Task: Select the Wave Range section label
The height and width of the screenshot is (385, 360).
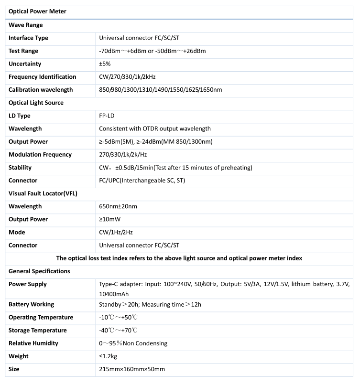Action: (x=26, y=25)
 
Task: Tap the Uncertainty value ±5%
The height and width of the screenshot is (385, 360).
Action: (x=105, y=64)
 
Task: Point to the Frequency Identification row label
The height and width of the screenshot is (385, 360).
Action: (x=42, y=77)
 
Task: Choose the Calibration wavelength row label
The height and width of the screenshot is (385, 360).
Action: (x=41, y=90)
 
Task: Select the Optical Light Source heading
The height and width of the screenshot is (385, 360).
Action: (x=36, y=103)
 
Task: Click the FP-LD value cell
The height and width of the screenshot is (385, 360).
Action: (x=107, y=116)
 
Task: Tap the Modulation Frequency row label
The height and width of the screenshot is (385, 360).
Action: (x=40, y=154)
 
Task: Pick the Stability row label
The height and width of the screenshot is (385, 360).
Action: (x=20, y=168)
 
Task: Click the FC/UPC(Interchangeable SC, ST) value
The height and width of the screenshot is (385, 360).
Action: (x=142, y=181)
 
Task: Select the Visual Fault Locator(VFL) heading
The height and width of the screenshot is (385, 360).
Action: (x=43, y=193)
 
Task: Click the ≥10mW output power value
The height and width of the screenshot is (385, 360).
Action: (x=109, y=219)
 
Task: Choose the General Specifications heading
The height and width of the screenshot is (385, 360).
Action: (x=39, y=271)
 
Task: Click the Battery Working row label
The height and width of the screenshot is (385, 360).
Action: (x=31, y=304)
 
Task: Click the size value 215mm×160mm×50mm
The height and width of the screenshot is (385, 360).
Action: (x=131, y=369)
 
